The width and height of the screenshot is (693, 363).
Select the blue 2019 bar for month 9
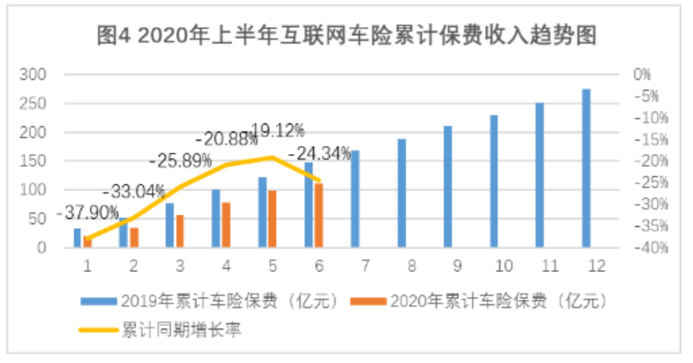tap(447, 186)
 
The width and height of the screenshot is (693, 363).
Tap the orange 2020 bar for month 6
tap(318, 214)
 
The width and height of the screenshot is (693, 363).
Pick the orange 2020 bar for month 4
tap(226, 224)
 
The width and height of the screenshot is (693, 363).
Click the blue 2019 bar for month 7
tap(355, 198)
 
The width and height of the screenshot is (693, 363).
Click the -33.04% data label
tap(132, 191)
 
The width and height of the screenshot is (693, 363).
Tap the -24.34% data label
tap(319, 153)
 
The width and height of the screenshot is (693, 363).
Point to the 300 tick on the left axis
tap(31, 75)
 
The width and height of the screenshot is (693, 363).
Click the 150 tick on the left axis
tap(31, 161)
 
